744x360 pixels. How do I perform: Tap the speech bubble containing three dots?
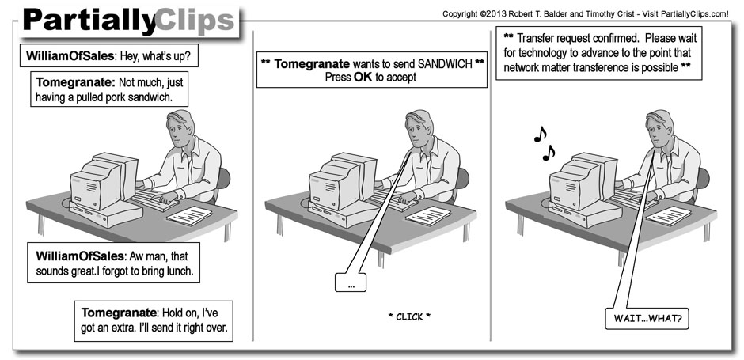(351, 282)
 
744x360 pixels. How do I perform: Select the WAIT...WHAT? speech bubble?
(647, 318)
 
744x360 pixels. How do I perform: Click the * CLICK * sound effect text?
(409, 316)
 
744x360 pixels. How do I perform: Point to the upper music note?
(540, 135)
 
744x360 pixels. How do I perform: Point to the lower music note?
(549, 153)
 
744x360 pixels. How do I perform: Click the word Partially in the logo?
(89, 21)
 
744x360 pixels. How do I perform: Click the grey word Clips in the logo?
(195, 21)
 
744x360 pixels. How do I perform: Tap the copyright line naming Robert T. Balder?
(585, 14)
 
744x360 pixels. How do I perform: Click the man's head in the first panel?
(180, 129)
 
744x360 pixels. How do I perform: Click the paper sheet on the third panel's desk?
(669, 216)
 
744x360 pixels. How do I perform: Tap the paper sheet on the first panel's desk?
(189, 216)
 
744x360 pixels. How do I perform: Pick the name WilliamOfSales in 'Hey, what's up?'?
(70, 56)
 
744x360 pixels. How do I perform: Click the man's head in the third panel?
(659, 129)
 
